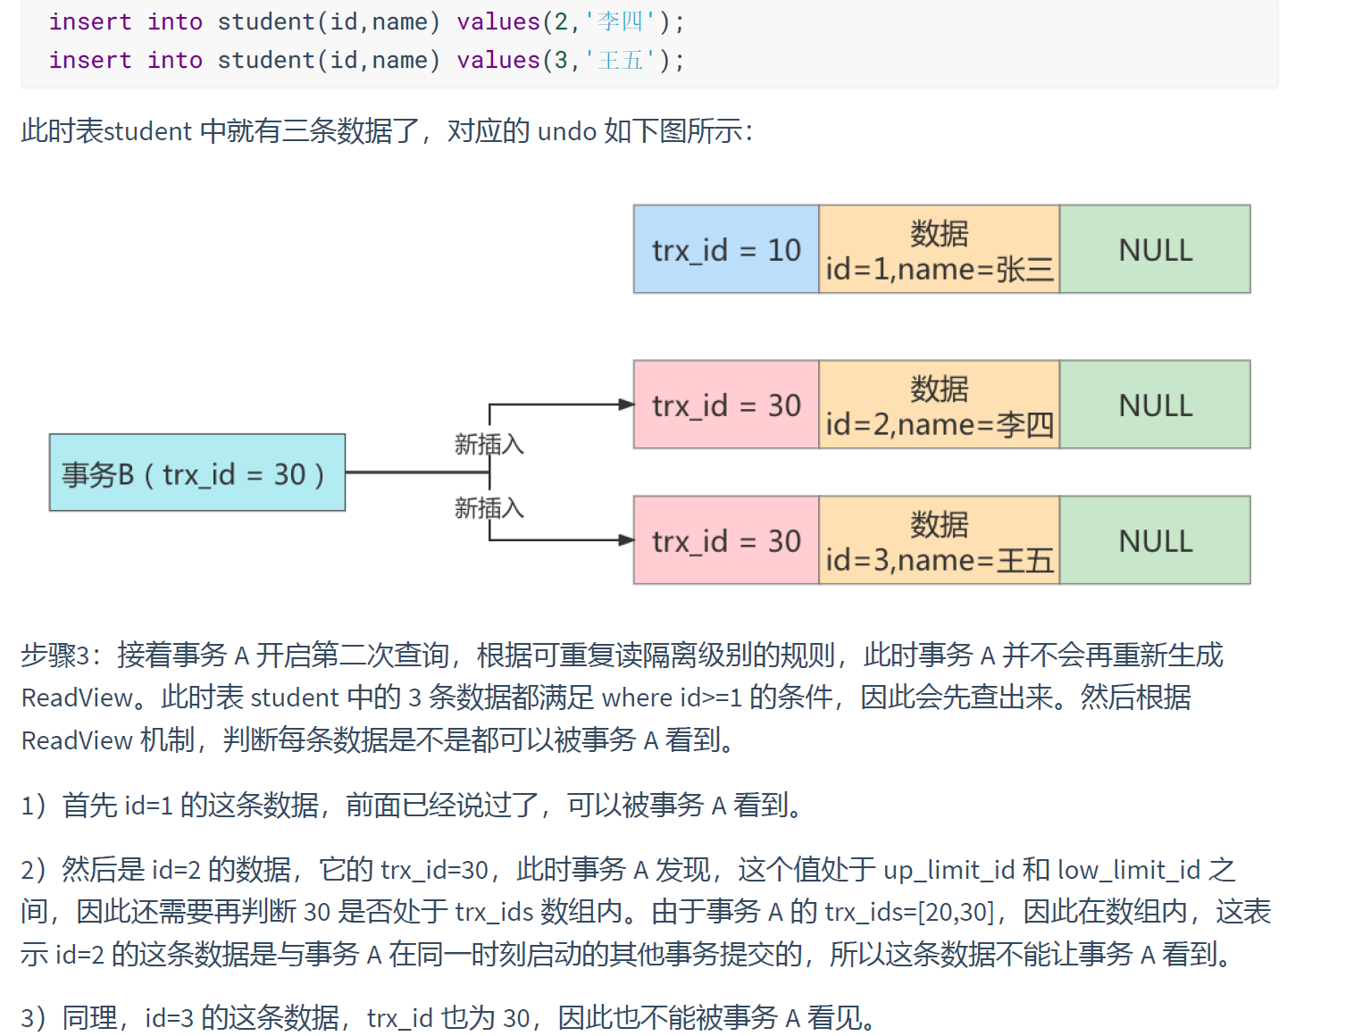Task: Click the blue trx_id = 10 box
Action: [x=726, y=249]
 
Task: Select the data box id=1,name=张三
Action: [x=939, y=249]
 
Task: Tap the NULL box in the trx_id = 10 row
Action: [x=1155, y=249]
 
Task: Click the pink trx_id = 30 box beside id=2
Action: [x=726, y=405]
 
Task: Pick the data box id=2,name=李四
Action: [x=939, y=405]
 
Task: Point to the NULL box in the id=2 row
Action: [x=1155, y=405]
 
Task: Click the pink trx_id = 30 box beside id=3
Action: [x=726, y=540]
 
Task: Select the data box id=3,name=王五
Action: [x=939, y=540]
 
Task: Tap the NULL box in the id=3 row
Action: [x=1155, y=540]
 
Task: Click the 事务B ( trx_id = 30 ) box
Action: [x=196, y=472]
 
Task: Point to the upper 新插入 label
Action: [x=489, y=444]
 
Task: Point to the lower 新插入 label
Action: [x=489, y=508]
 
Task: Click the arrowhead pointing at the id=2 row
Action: [x=627, y=405]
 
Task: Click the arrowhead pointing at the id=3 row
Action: [x=627, y=540]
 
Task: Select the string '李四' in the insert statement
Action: [x=620, y=21]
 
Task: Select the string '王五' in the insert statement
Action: [x=620, y=60]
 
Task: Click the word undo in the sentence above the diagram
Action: [x=567, y=131]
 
